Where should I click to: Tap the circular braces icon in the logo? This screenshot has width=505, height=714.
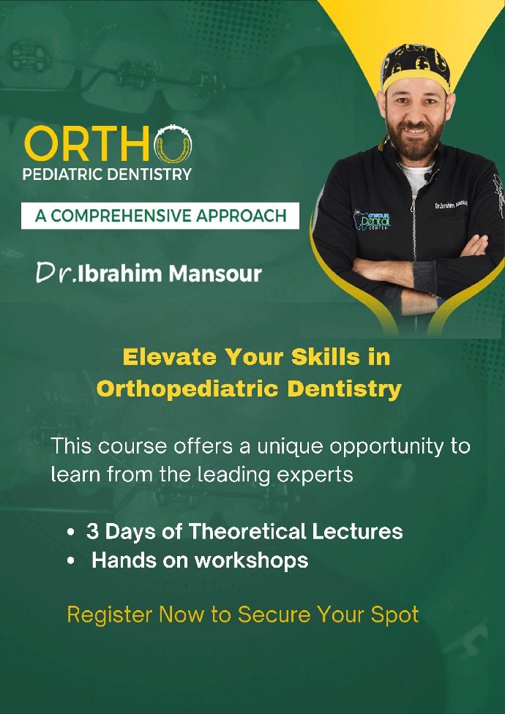[173, 144]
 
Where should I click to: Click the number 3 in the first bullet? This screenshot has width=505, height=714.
[92, 532]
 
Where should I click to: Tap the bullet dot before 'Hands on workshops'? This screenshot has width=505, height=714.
[70, 561]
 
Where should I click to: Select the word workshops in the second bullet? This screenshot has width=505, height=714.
[252, 561]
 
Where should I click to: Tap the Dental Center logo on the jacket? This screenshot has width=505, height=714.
[373, 219]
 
